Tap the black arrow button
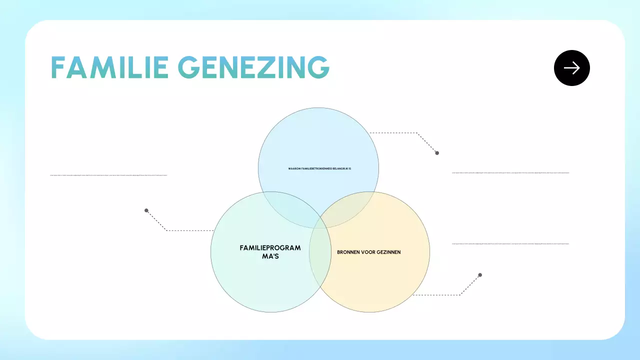[x=571, y=68]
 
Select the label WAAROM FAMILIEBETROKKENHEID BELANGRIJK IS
[x=320, y=168]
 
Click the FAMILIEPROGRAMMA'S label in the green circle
[x=270, y=251]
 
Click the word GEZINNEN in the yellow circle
[x=387, y=252]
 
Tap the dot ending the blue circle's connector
[x=437, y=153]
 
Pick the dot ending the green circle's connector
[x=146, y=210]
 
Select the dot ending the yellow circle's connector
[x=480, y=275]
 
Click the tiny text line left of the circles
[x=108, y=175]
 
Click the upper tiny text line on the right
[x=510, y=173]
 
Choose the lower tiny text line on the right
[x=510, y=244]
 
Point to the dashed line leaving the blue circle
[x=395, y=133]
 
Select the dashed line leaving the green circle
[x=190, y=230]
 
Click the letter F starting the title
[x=59, y=67]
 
